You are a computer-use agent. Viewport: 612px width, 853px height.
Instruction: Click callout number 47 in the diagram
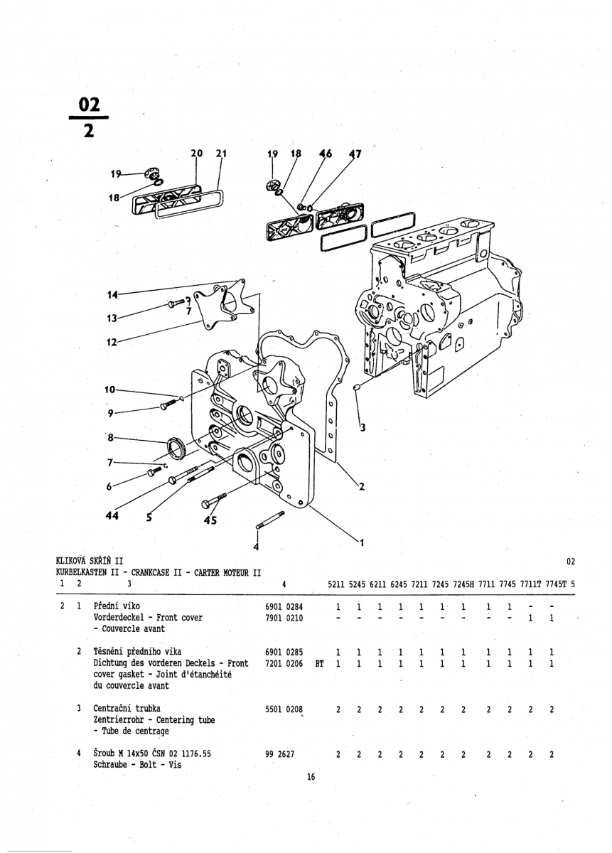pos(355,154)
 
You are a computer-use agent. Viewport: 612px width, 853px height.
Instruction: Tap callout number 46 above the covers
pos(326,154)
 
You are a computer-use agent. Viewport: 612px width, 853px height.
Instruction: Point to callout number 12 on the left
pos(111,342)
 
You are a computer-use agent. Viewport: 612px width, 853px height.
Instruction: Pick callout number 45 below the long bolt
pos(210,520)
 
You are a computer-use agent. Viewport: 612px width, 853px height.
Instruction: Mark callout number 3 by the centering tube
pos(363,427)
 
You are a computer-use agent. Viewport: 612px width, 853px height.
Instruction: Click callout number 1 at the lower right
pos(361,544)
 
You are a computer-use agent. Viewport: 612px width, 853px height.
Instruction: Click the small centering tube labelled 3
pos(358,387)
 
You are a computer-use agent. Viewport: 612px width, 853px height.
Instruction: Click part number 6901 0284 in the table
pos(284,607)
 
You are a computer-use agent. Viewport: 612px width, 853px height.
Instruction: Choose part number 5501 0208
pos(284,709)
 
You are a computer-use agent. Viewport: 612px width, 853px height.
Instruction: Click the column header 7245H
pos(462,584)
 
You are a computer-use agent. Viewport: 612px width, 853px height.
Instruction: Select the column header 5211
pos(338,584)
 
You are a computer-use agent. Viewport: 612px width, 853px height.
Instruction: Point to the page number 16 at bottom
pos(311,777)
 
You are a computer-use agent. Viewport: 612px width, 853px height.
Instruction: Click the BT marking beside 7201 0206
pos(319,663)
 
